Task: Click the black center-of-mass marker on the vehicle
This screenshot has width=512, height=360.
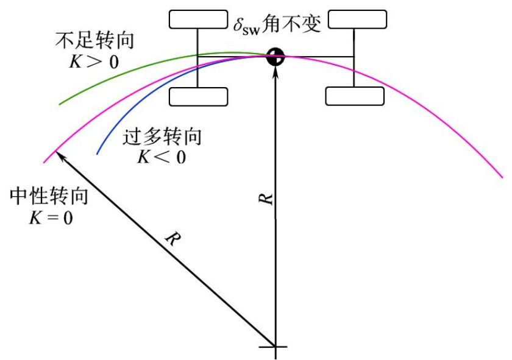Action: pos(276,57)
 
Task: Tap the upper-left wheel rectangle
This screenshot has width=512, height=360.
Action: pos(197,19)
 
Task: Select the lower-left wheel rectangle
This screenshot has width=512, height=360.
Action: pos(198,96)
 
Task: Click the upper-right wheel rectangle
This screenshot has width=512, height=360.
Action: pos(357,19)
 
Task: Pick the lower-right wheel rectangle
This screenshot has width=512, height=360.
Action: pos(355,96)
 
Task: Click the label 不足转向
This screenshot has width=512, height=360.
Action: pos(94,41)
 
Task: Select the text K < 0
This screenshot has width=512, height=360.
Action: pos(160,156)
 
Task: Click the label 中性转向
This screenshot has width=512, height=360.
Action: pos(50,197)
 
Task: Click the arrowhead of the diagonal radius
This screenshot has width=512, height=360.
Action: pos(59,155)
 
